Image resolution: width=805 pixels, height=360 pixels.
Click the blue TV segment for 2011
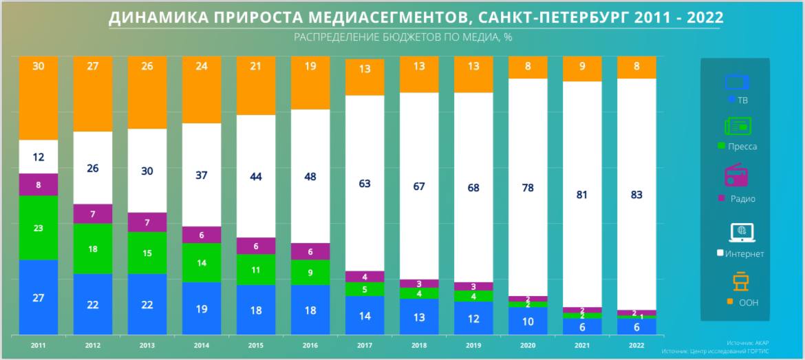coord(39,297)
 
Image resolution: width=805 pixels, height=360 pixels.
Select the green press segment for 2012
coord(93,248)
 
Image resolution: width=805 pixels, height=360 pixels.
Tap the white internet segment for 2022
coord(636,195)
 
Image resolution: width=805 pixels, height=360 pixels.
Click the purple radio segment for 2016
coord(310,252)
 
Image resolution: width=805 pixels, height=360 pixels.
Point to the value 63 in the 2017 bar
coord(365,184)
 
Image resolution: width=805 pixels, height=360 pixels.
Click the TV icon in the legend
coord(736,82)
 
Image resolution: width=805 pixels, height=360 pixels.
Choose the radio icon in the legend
coord(737,176)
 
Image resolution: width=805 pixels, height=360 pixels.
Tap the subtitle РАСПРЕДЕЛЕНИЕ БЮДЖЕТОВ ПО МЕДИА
coord(402,37)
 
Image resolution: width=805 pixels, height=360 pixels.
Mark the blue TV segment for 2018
coord(419,317)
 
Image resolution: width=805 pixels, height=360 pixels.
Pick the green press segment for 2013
coord(147,253)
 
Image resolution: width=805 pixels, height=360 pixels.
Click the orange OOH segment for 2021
coord(582,69)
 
